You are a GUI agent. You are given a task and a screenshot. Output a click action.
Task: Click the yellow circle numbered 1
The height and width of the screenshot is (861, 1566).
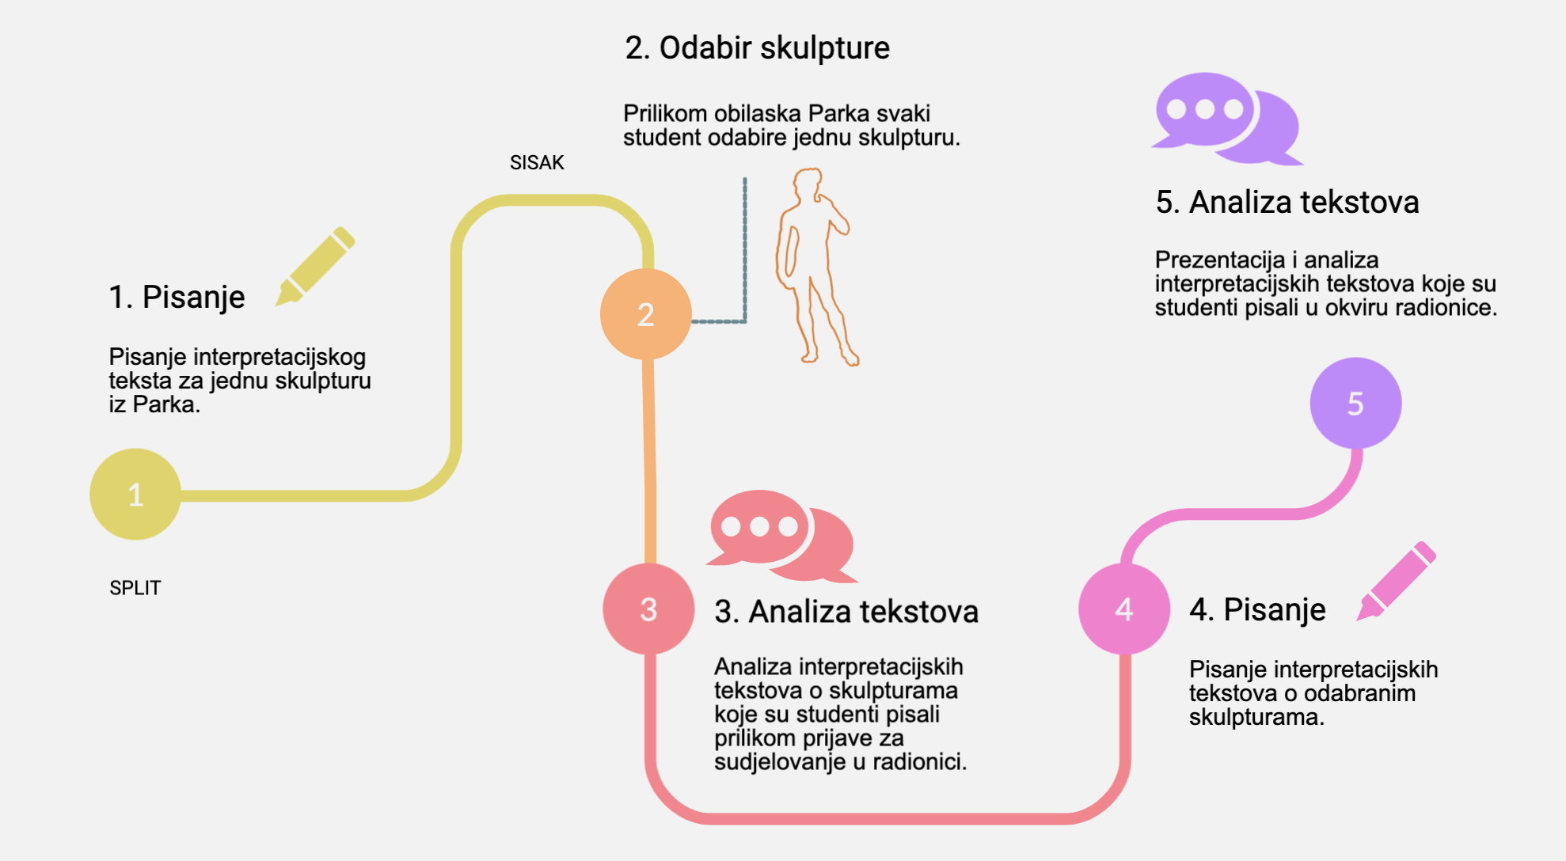point(135,495)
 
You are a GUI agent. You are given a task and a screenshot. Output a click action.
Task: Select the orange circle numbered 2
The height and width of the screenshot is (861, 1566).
point(645,314)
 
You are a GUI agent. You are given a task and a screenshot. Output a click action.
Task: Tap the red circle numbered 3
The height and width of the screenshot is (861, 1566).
point(648,609)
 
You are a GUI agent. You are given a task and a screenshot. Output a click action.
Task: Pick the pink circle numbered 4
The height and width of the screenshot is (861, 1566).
point(1123,609)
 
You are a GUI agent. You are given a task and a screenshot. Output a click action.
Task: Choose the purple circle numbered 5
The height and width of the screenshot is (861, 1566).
point(1355,403)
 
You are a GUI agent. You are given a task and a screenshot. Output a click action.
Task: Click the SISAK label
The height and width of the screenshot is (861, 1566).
point(537,162)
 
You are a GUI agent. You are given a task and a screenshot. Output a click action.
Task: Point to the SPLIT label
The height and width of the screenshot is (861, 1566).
point(135,588)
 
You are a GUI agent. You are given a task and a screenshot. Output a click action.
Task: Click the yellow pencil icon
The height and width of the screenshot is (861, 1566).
point(315,267)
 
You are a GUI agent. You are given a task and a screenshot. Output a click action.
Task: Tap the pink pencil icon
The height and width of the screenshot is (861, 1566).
point(1397,581)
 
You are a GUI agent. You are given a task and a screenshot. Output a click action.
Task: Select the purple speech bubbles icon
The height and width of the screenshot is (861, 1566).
point(1226,119)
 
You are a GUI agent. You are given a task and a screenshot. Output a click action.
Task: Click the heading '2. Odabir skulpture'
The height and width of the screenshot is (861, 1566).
point(757,47)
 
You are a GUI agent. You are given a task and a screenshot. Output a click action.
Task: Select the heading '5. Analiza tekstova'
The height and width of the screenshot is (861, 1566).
point(1287,202)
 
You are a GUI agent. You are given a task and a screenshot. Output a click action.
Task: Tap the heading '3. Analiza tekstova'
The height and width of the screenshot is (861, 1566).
point(846,611)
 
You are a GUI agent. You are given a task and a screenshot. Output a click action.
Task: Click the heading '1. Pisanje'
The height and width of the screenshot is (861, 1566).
point(177,297)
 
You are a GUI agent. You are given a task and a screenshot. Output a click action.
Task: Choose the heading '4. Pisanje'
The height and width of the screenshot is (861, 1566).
point(1257,609)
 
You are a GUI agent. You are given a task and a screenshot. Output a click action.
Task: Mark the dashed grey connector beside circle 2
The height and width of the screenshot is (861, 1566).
point(744,253)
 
